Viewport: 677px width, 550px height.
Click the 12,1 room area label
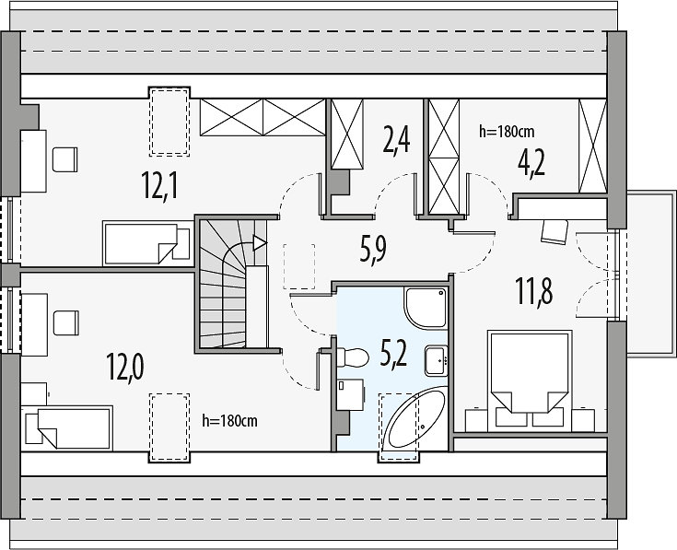click(x=159, y=185)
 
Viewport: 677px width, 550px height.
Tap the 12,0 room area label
click(x=125, y=367)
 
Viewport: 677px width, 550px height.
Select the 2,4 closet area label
click(x=396, y=140)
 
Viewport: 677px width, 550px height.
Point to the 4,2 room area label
click(x=531, y=163)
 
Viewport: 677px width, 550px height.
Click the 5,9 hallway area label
click(x=373, y=249)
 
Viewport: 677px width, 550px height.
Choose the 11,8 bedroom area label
click(x=533, y=291)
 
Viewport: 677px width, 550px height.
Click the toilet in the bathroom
click(x=352, y=357)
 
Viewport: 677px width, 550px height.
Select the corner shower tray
click(x=426, y=308)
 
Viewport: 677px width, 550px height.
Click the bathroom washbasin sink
click(x=436, y=360)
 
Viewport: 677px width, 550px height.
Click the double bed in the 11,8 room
click(x=530, y=380)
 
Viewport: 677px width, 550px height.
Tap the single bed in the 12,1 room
click(x=146, y=243)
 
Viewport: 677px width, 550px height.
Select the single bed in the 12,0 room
click(x=69, y=427)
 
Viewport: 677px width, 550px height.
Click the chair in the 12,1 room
click(x=65, y=159)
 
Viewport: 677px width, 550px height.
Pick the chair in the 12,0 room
click(x=66, y=322)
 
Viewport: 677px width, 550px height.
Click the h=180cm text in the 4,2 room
click(x=507, y=131)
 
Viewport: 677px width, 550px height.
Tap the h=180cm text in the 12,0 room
click(x=229, y=420)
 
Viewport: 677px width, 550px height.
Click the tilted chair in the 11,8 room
click(x=554, y=231)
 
